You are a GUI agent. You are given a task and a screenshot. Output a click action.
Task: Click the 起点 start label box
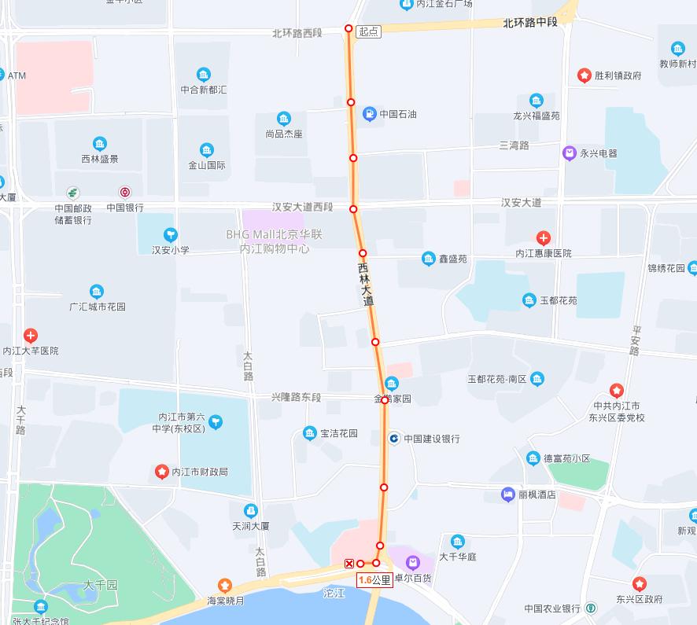368,31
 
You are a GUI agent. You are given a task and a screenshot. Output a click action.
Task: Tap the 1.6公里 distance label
374,580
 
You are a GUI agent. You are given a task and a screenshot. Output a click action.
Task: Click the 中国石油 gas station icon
369,115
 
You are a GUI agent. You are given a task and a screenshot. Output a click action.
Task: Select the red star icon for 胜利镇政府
585,75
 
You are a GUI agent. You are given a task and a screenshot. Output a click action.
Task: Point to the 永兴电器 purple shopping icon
570,153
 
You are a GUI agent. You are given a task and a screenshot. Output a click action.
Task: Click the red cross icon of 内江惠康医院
543,238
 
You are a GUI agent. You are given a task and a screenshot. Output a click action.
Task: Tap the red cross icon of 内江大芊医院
31,336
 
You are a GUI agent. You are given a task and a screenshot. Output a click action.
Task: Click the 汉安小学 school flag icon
170,235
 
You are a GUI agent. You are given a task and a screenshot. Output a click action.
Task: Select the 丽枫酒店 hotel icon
507,494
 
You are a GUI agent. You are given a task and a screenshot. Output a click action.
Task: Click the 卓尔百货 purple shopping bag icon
412,562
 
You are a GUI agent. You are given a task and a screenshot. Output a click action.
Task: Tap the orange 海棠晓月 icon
225,586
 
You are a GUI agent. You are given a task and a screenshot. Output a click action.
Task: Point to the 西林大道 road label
365,284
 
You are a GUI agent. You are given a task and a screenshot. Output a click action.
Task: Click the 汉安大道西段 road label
303,207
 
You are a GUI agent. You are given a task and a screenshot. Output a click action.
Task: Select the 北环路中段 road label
530,23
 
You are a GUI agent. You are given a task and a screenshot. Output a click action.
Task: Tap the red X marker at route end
349,563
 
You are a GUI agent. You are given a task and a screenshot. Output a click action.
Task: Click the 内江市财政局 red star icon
161,472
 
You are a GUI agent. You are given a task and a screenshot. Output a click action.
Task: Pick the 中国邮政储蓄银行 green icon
72,193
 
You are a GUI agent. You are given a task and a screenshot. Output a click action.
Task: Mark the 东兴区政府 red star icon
639,584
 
